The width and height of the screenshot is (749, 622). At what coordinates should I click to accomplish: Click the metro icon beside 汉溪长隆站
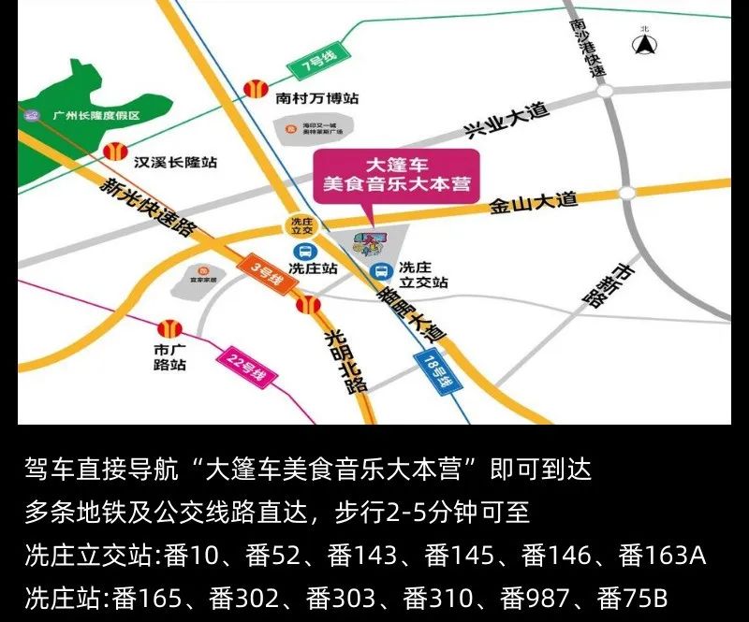coord(114,150)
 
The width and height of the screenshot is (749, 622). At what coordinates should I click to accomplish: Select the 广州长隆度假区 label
coord(95,116)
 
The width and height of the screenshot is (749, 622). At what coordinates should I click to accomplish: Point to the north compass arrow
coord(644,43)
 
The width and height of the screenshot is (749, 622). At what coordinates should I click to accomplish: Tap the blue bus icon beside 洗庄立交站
coord(381,271)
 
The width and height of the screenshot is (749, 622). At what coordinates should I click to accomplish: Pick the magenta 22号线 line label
coord(242,368)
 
